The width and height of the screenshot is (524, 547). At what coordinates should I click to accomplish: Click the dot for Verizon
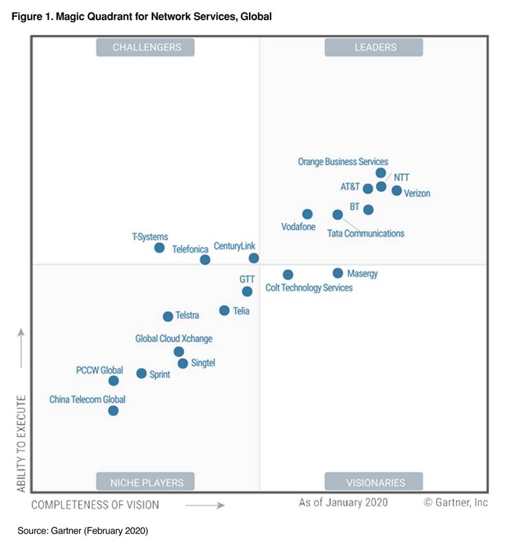tap(397, 191)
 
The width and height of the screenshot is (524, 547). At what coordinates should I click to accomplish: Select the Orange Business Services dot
tap(381, 173)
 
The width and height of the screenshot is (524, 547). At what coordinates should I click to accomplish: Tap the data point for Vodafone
tap(307, 214)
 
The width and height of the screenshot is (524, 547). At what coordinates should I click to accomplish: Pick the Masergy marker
tap(338, 273)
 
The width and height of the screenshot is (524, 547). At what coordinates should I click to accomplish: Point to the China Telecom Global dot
tap(113, 410)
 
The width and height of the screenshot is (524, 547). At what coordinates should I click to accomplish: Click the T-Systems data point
tap(160, 248)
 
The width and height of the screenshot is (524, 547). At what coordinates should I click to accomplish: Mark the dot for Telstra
tap(168, 316)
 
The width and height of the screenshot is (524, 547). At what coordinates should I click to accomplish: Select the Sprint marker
tap(141, 373)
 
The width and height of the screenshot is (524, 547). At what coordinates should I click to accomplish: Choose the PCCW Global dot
tap(114, 380)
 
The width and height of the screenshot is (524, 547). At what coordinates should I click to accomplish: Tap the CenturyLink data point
tap(254, 258)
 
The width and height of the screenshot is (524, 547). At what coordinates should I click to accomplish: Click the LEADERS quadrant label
tap(374, 47)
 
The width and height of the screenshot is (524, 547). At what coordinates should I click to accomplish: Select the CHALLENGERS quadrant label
tap(146, 47)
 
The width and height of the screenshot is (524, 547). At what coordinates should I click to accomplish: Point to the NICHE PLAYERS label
tap(146, 482)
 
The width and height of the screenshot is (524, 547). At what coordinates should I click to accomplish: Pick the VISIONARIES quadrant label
tap(374, 482)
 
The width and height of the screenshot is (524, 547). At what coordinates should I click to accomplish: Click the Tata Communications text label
tap(366, 233)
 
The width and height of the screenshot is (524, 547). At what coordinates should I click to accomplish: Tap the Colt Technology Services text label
tap(309, 288)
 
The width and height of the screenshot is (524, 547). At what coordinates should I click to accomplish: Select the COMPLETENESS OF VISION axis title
tap(95, 504)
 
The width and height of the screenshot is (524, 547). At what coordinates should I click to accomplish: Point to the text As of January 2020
tap(343, 502)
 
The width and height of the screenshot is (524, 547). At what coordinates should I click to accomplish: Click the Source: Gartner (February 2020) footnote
tap(83, 531)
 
